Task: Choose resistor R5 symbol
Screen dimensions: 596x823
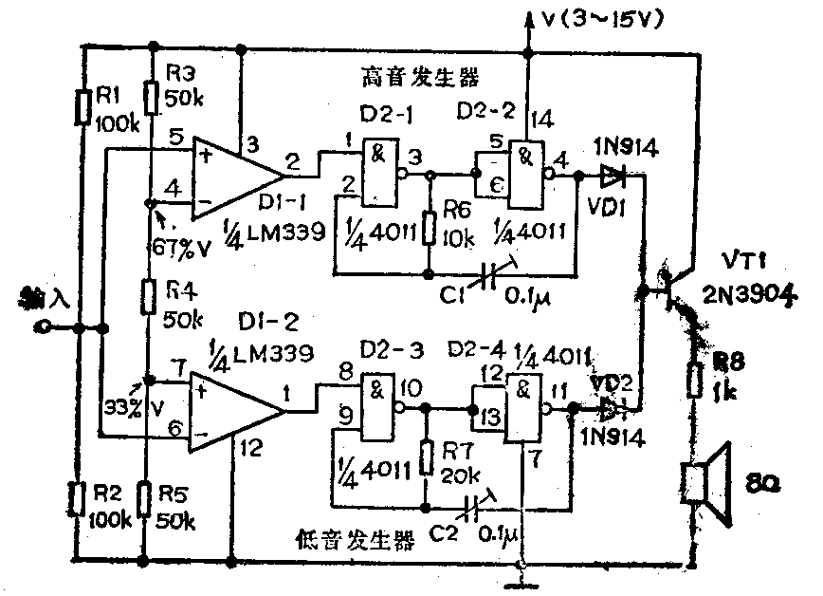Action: pyautogui.click(x=143, y=498)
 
